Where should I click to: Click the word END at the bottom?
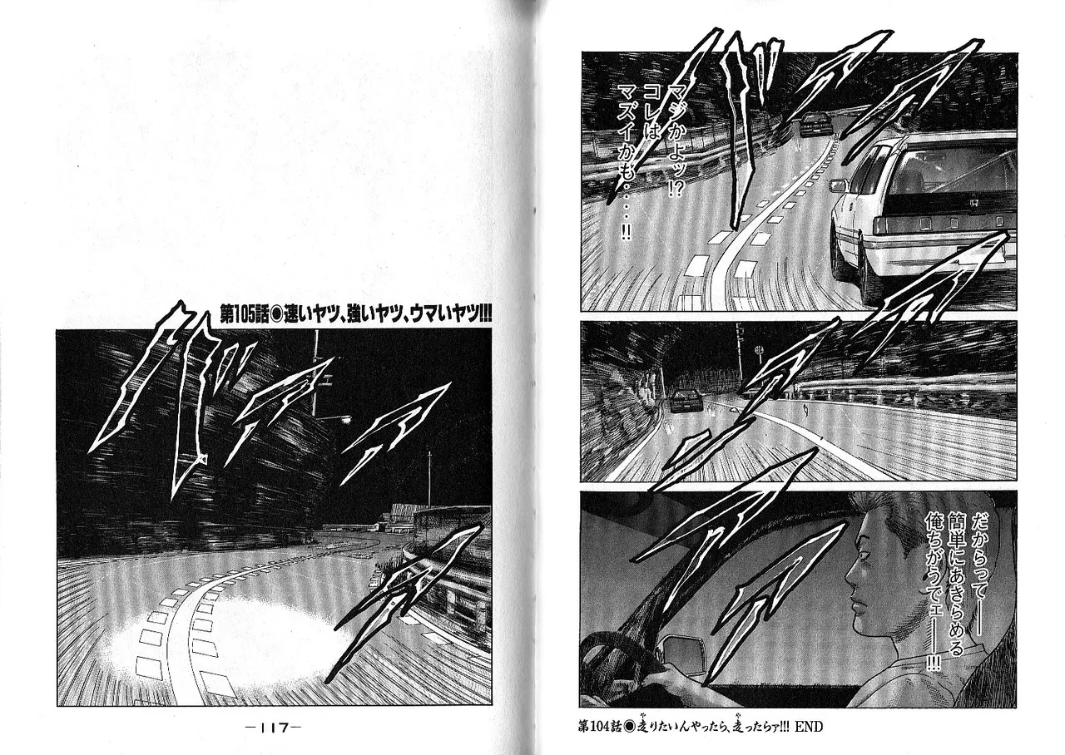coord(808,725)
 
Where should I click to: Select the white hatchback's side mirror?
coord(840,185)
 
